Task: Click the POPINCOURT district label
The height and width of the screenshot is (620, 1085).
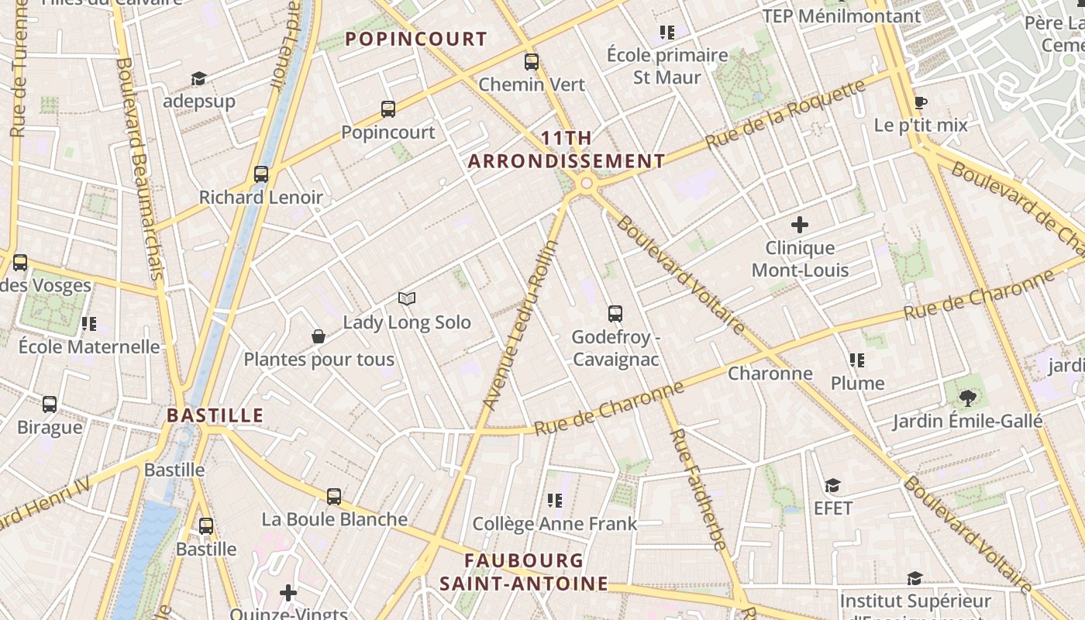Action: pyautogui.click(x=416, y=39)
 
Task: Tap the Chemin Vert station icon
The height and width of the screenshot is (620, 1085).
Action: pyautogui.click(x=531, y=62)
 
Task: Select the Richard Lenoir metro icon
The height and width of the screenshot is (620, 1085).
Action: pyautogui.click(x=261, y=174)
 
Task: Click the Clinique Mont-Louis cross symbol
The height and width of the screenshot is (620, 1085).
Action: pyautogui.click(x=799, y=226)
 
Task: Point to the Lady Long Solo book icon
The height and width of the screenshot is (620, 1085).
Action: pyautogui.click(x=407, y=299)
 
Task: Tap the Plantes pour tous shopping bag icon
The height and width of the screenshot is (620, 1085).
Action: pyautogui.click(x=318, y=336)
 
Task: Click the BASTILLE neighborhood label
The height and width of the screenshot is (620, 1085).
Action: pyautogui.click(x=215, y=415)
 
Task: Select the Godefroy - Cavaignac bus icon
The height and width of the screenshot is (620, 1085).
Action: pyautogui.click(x=615, y=314)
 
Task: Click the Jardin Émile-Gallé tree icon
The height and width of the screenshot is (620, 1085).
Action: pyautogui.click(x=966, y=398)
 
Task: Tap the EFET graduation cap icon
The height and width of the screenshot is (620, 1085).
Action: pyautogui.click(x=832, y=485)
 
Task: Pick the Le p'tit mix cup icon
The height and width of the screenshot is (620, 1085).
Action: pyautogui.click(x=921, y=102)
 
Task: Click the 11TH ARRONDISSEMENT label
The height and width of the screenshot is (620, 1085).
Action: pyautogui.click(x=567, y=150)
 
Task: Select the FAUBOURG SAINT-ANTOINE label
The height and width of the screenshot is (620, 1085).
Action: pyautogui.click(x=524, y=572)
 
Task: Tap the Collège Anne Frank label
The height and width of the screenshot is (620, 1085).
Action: pyautogui.click(x=555, y=524)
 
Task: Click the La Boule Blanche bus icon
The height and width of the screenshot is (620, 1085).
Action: pyautogui.click(x=334, y=496)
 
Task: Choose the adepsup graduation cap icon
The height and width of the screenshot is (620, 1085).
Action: pyautogui.click(x=199, y=78)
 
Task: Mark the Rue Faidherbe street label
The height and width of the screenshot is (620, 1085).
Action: pyautogui.click(x=698, y=488)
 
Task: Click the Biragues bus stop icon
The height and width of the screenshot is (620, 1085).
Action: pyautogui.click(x=50, y=404)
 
